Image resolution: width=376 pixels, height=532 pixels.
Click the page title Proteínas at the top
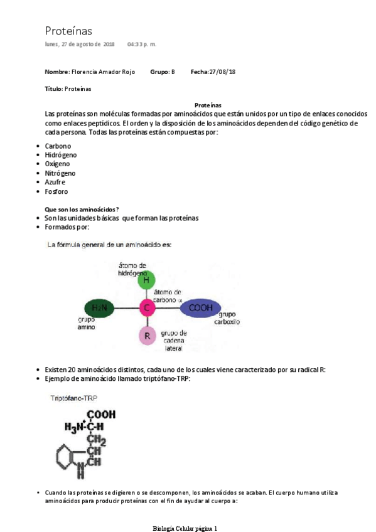click(x=68, y=31)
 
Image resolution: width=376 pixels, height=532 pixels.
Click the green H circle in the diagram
click(x=146, y=280)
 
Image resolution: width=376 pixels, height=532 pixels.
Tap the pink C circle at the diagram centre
click(x=146, y=308)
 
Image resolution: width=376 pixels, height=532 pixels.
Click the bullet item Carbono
click(x=58, y=146)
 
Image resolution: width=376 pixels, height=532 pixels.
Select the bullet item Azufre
click(x=55, y=182)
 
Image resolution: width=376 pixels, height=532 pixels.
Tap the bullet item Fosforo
click(x=56, y=191)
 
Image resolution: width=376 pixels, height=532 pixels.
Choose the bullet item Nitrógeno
click(x=60, y=173)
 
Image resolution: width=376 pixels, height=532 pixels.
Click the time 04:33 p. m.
click(x=142, y=45)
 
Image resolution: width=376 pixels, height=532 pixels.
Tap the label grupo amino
click(x=86, y=324)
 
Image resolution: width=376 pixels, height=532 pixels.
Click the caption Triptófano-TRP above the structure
click(x=74, y=398)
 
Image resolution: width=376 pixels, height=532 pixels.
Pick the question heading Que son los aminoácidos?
click(x=82, y=209)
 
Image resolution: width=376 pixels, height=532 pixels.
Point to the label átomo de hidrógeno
click(x=132, y=269)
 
